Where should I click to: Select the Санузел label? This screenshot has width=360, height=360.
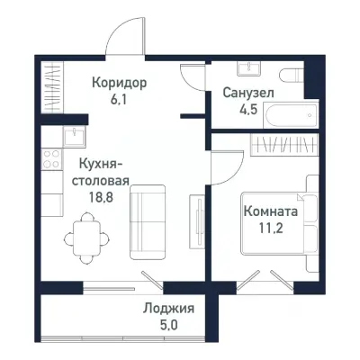point(248,93)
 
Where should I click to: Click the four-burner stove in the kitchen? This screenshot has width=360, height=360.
point(51,162)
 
